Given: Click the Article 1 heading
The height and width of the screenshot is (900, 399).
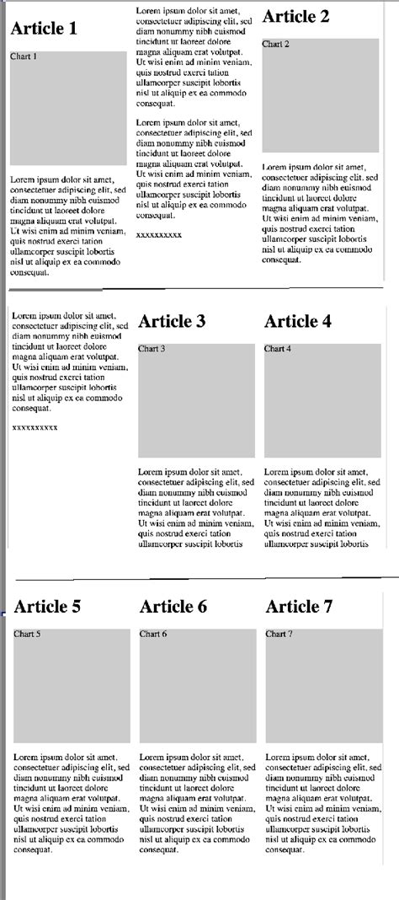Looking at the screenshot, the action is [x=44, y=29].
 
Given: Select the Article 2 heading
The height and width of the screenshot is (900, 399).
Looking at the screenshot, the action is [x=296, y=17].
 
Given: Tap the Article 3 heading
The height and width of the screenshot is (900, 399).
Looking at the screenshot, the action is [x=172, y=321].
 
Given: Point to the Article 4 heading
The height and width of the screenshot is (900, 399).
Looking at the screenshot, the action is [x=298, y=321].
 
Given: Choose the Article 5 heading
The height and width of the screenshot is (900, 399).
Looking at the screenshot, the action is [x=47, y=607].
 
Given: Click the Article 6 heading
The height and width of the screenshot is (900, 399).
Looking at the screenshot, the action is [x=173, y=607].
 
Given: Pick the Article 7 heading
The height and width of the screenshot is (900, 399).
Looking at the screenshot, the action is [x=300, y=607].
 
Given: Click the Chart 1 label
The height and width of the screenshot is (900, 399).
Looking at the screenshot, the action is [x=24, y=56].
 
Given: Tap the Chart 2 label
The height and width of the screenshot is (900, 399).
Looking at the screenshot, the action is [x=276, y=44].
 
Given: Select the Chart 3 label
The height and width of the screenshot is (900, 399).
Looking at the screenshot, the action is [x=152, y=348].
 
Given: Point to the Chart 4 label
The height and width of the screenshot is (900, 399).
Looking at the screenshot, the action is [x=278, y=348].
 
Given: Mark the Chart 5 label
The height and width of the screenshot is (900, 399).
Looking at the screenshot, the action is [x=27, y=634].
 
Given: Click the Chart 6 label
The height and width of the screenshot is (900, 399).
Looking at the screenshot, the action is [x=153, y=634].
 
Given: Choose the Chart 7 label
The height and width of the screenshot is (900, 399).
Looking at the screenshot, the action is [x=279, y=634].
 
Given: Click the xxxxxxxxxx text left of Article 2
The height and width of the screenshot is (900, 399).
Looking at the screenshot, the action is [x=159, y=234].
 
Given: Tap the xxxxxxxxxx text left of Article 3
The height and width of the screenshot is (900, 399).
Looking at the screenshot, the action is [x=35, y=428].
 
